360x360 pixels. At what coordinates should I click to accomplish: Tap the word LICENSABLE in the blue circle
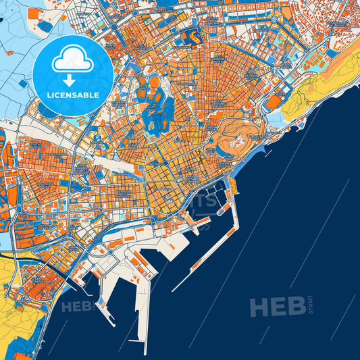coord(72,95)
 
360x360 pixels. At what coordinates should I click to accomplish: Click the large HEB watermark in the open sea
coord(277,307)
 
